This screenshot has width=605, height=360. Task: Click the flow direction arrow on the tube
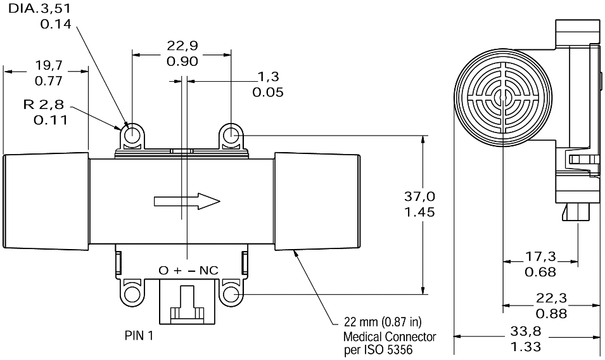(x=188, y=202)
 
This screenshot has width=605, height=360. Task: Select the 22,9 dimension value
(x=182, y=46)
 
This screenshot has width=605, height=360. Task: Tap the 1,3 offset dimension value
(x=268, y=77)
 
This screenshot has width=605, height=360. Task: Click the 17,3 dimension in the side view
(x=540, y=257)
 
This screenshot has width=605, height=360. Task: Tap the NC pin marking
(x=208, y=271)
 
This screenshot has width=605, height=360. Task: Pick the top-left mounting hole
(x=133, y=135)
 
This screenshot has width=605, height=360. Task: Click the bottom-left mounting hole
(x=132, y=294)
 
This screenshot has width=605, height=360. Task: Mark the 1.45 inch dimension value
(x=419, y=212)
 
